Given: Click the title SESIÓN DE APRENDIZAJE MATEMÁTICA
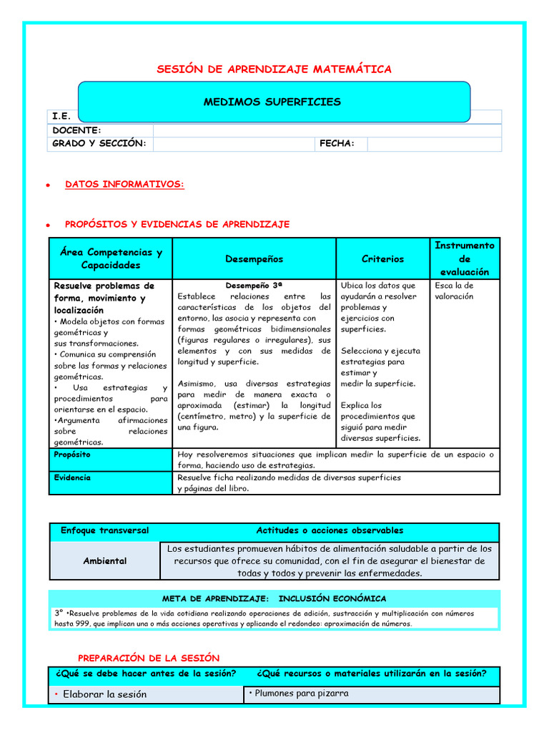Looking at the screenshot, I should [274, 69].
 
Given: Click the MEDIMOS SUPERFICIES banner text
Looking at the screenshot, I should [272, 102].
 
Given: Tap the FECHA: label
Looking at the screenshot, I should [337, 144].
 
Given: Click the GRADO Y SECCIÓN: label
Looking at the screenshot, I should [99, 144].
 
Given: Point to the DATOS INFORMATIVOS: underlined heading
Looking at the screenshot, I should [124, 185].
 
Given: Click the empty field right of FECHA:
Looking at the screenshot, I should [434, 144].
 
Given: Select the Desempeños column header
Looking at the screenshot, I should [254, 259].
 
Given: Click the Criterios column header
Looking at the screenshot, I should [382, 259].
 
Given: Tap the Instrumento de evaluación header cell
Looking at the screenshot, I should [464, 258].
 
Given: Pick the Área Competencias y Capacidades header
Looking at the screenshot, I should [111, 259].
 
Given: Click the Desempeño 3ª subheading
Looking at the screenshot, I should [254, 285].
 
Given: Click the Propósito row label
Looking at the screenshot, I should [72, 455].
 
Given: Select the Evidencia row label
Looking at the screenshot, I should [72, 477].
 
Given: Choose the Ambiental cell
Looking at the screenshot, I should [104, 561].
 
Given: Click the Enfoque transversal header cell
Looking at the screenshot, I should [104, 531].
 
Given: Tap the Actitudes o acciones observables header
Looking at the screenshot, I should [330, 531].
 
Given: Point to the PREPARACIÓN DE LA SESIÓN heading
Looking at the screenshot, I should [149, 658].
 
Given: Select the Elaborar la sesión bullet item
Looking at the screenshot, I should [104, 694].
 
